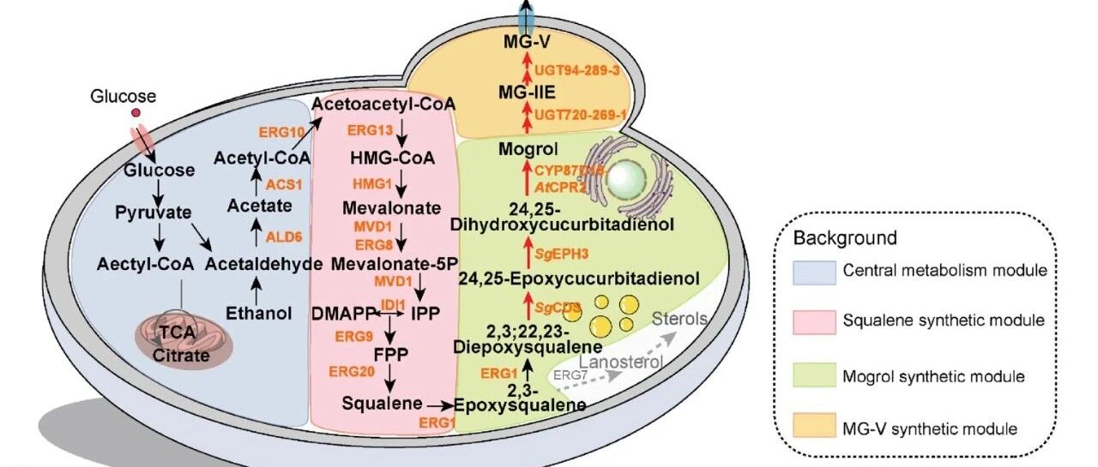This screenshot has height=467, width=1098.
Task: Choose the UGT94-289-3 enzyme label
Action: click(576, 71)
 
